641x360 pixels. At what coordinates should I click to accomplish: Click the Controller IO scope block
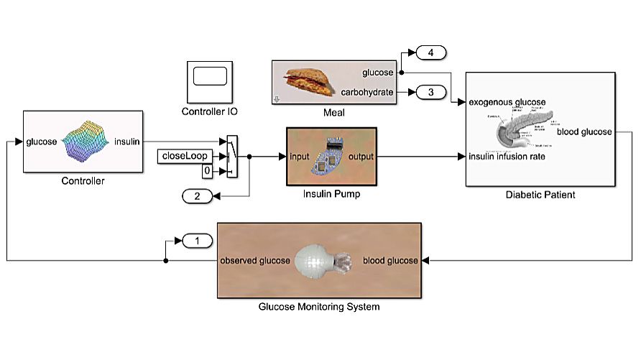tap(209, 82)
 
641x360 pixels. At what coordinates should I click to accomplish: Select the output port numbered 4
tap(430, 52)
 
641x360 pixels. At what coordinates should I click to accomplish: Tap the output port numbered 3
tap(430, 92)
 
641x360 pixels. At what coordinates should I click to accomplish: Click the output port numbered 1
tap(195, 241)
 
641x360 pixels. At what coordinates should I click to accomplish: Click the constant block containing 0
tap(206, 171)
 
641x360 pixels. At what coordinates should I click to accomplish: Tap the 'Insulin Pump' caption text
tap(331, 195)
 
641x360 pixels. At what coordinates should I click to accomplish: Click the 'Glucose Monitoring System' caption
tap(319, 307)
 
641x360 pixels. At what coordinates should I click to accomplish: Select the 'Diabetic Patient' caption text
tap(540, 195)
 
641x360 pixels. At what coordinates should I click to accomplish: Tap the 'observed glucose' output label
tap(255, 260)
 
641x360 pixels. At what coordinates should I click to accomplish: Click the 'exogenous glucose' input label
tap(507, 102)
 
